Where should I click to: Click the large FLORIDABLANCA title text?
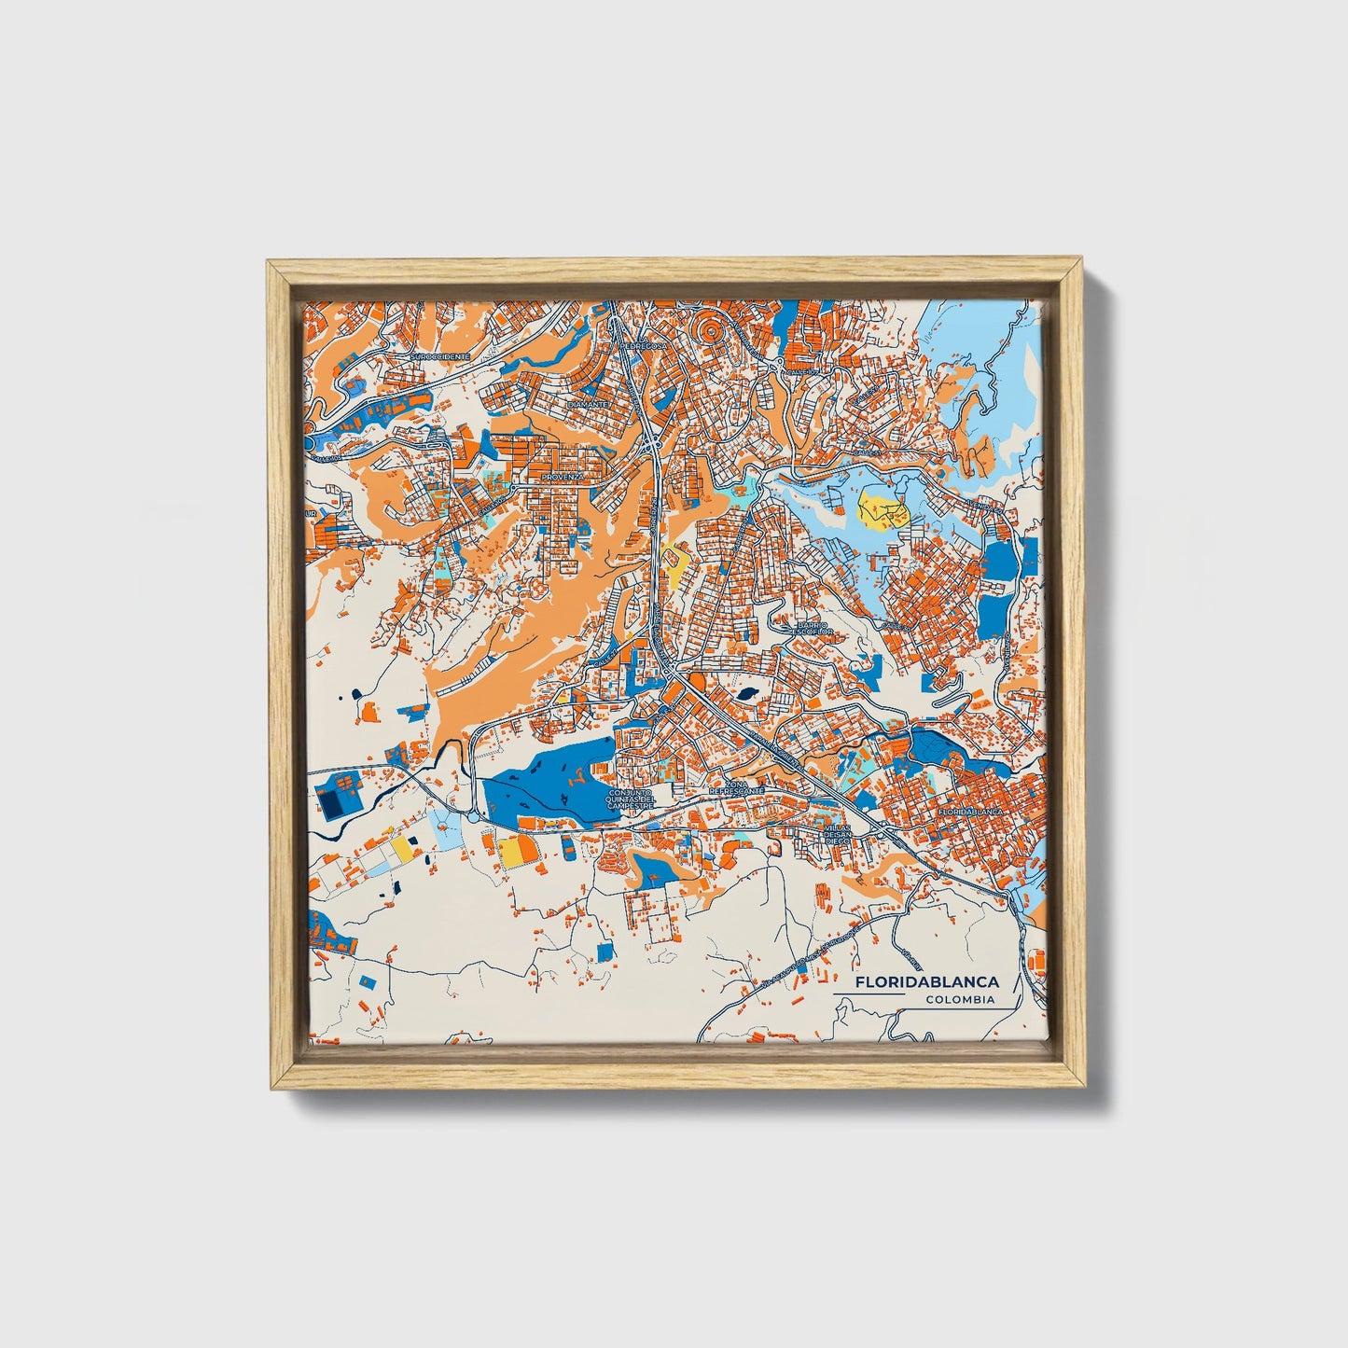[927, 982]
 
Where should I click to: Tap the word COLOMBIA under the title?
[960, 1000]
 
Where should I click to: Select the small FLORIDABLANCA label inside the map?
[969, 813]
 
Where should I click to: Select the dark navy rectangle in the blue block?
[330, 799]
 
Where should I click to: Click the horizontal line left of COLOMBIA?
[869, 994]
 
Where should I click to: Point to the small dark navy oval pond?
[747, 693]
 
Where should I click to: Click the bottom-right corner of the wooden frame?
[1086, 1089]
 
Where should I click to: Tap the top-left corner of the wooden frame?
[268, 263]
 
